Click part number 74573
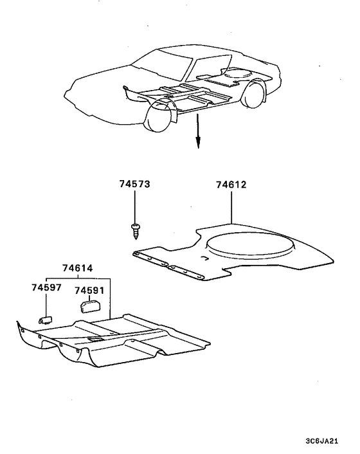[x=135, y=184]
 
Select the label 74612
[x=231, y=185]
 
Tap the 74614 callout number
[x=78, y=268]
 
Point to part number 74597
[x=46, y=287]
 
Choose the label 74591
[x=89, y=291]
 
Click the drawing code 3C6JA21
[x=321, y=441]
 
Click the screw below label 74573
[x=135, y=231]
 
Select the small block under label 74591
[x=90, y=306]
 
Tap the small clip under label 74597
[x=46, y=320]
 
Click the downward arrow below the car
[x=198, y=131]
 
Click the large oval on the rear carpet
[x=250, y=247]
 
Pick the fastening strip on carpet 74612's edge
[x=168, y=266]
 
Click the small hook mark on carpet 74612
[x=204, y=258]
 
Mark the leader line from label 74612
[x=231, y=206]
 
